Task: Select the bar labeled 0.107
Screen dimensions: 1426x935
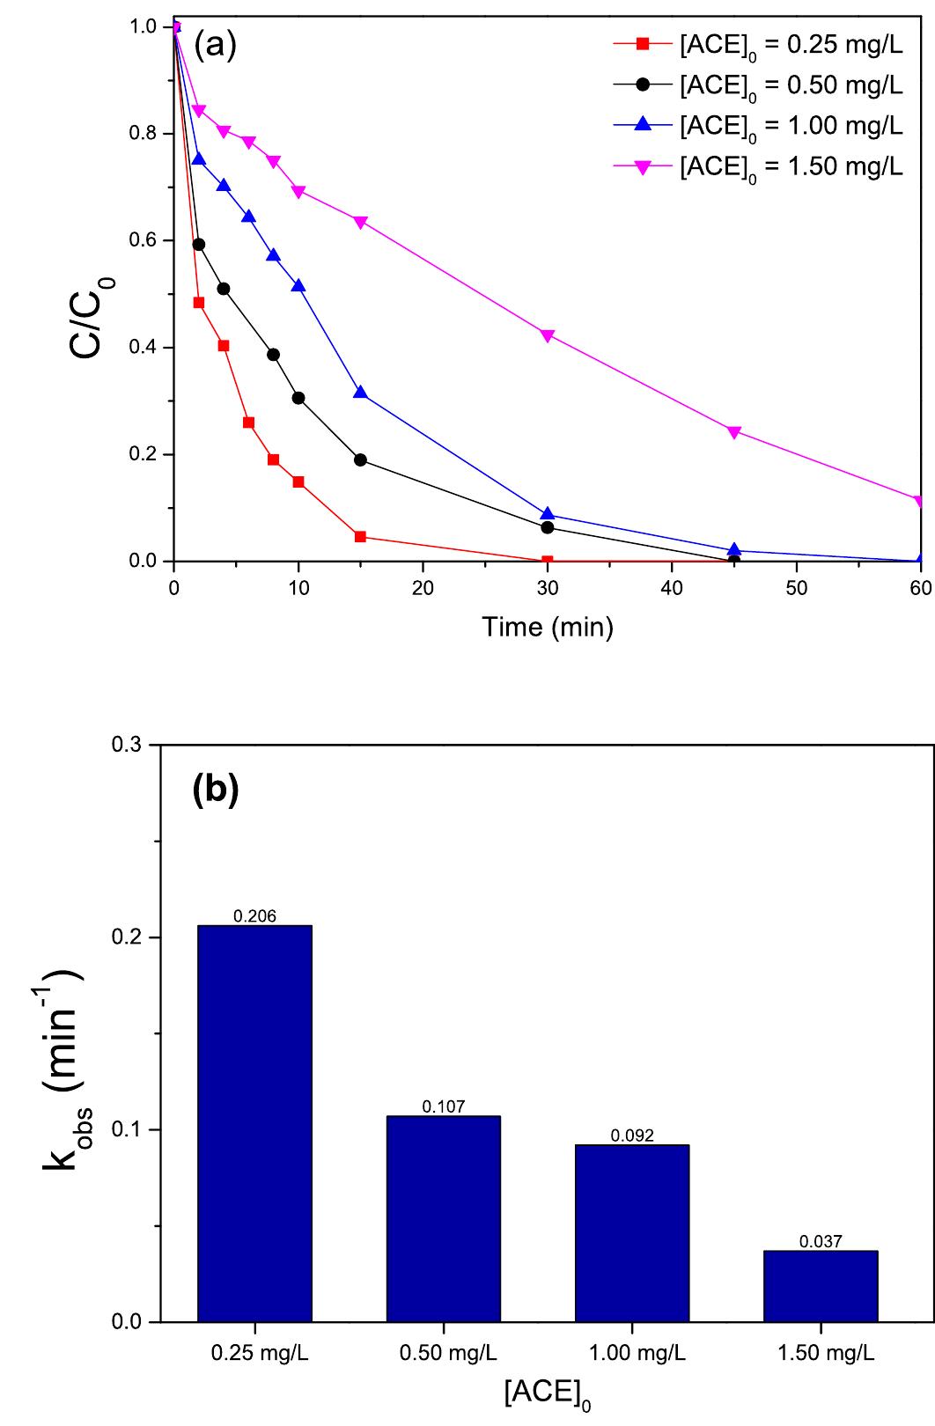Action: tap(443, 1219)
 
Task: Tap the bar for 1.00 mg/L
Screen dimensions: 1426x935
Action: tap(632, 1233)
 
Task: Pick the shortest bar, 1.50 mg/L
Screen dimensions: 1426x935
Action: tap(821, 1286)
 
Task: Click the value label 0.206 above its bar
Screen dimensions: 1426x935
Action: tap(254, 916)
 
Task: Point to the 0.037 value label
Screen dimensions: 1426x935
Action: tap(821, 1242)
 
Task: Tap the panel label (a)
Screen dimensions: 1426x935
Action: tap(215, 44)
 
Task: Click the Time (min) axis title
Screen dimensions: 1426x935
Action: tap(547, 627)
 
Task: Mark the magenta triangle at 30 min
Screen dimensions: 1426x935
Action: tap(548, 335)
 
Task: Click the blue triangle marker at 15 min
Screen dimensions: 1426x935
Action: tap(360, 393)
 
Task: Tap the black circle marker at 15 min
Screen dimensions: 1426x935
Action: tap(360, 459)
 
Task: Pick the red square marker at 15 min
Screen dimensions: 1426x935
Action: tap(360, 536)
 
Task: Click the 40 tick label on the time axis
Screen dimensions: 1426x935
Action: tap(672, 588)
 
